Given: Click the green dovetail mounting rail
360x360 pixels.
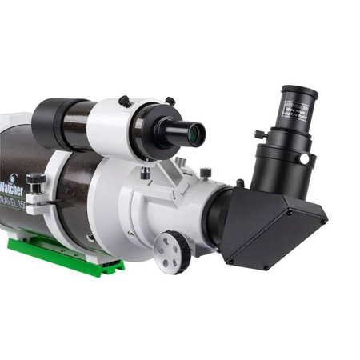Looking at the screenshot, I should pos(64,255).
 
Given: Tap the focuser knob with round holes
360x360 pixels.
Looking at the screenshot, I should pos(172,250).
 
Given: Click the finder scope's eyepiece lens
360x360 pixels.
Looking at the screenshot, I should pos(194,134).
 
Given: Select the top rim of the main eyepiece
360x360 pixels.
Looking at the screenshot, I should pos(299,92).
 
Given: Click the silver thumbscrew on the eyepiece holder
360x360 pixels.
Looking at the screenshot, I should pos(305,159).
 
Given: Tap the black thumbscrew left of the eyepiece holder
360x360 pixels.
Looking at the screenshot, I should pos(259,134).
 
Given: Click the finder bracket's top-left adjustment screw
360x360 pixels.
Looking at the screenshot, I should pos(123,101).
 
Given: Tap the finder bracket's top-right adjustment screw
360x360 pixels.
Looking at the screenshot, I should pos(170,101).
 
